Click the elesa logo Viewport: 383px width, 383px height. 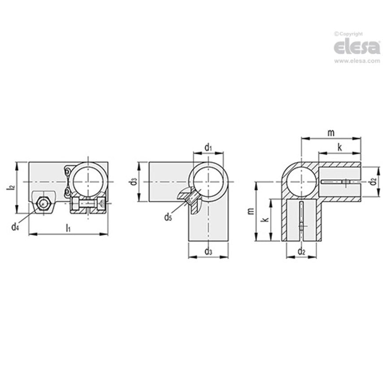[x=357, y=47]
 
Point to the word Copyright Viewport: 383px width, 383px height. [x=351, y=34]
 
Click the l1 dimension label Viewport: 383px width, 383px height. [x=68, y=228]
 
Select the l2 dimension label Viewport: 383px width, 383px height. [x=11, y=188]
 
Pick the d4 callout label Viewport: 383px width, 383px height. [x=15, y=227]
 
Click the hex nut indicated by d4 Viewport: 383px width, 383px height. [x=43, y=204]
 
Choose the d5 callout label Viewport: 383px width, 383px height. [x=168, y=217]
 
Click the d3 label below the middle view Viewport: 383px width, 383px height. [x=208, y=251]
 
